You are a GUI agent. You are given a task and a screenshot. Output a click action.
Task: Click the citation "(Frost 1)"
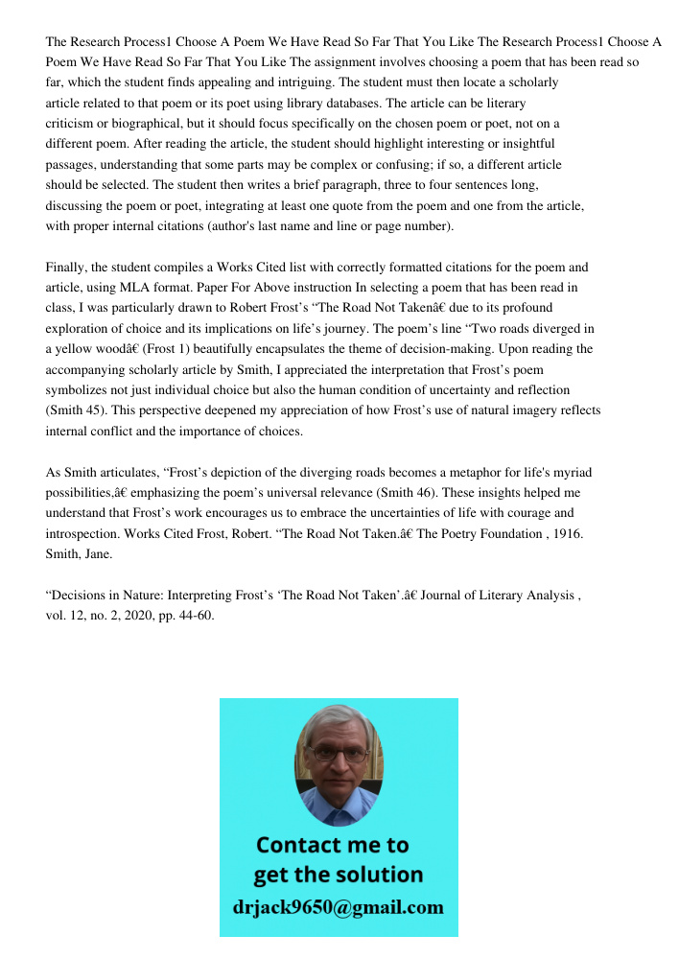(169, 350)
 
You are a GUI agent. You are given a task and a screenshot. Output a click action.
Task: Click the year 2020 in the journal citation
(134, 616)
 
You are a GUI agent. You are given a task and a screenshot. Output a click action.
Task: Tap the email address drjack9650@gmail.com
(339, 907)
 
